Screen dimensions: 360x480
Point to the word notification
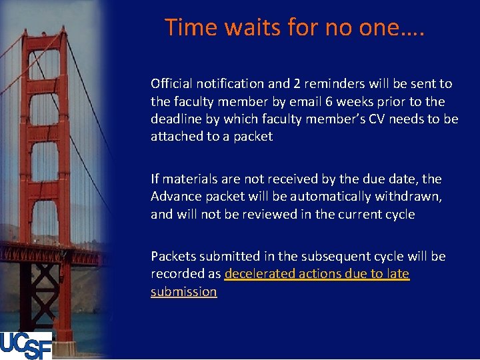(228, 84)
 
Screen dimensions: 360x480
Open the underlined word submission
(183, 292)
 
